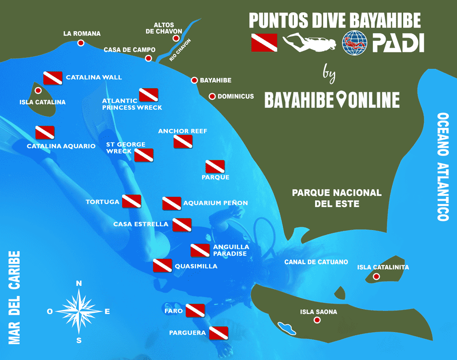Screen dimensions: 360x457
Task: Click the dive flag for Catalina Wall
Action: [53, 78]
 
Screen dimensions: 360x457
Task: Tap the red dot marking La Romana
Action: [81, 43]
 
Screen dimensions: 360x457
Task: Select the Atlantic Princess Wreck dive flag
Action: [149, 95]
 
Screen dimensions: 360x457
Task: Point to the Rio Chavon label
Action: [180, 50]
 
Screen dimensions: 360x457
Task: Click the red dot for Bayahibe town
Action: [195, 80]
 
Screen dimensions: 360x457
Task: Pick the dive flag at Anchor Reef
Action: [183, 141]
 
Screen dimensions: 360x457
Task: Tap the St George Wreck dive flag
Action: [144, 155]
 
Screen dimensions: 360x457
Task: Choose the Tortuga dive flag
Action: [131, 201]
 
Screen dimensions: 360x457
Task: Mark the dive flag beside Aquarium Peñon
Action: [172, 203]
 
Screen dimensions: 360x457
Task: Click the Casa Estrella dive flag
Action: [182, 224]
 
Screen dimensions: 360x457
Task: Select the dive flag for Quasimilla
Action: [162, 266]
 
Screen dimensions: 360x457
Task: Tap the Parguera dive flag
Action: [218, 333]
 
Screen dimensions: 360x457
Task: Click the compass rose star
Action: [79, 311]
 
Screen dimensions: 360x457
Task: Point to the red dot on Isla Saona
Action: [317, 320]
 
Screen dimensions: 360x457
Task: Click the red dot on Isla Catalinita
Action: [377, 276]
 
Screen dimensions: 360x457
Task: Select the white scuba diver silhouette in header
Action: [310, 43]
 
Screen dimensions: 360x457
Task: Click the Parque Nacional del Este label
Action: [337, 198]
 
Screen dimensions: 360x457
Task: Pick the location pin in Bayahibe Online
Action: [342, 100]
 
